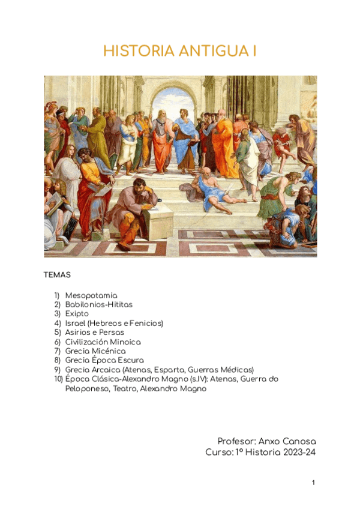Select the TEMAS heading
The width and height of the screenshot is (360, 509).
coord(57,275)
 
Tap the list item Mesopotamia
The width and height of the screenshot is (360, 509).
coord(91,295)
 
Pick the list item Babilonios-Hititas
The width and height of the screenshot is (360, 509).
coord(99,304)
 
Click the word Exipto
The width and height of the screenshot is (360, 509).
coord(77,314)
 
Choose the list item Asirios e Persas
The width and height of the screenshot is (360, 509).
coord(95,333)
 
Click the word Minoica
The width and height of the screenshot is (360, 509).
coord(124,342)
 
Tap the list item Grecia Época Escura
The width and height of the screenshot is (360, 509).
coord(104,360)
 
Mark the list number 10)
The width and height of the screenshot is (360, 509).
coord(58,379)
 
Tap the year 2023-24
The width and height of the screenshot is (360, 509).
coord(298,452)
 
